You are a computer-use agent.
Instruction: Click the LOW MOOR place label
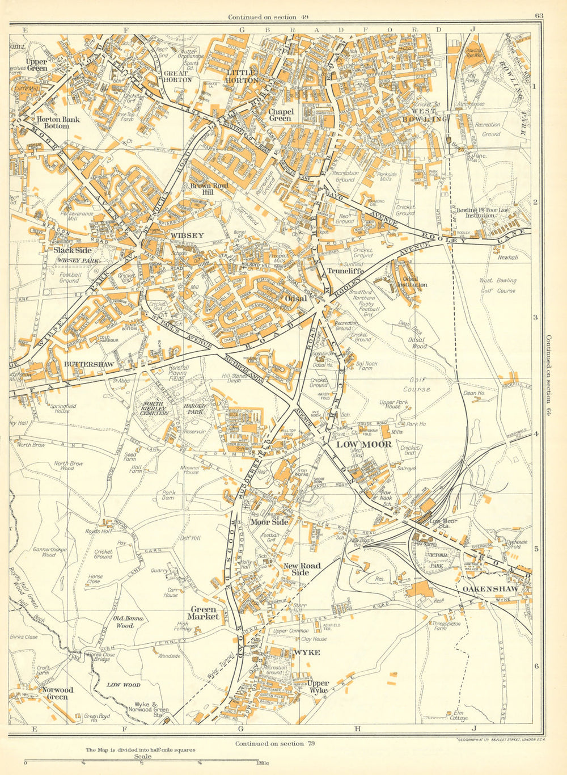(363, 444)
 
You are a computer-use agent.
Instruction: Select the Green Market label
(204, 613)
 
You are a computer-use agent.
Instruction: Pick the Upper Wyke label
(318, 687)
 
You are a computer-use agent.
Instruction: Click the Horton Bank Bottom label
(58, 123)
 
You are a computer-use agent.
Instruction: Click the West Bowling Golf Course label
(497, 285)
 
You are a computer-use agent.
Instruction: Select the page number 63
(538, 16)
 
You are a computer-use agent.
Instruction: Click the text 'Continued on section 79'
(275, 743)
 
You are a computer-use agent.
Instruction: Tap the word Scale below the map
(142, 756)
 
